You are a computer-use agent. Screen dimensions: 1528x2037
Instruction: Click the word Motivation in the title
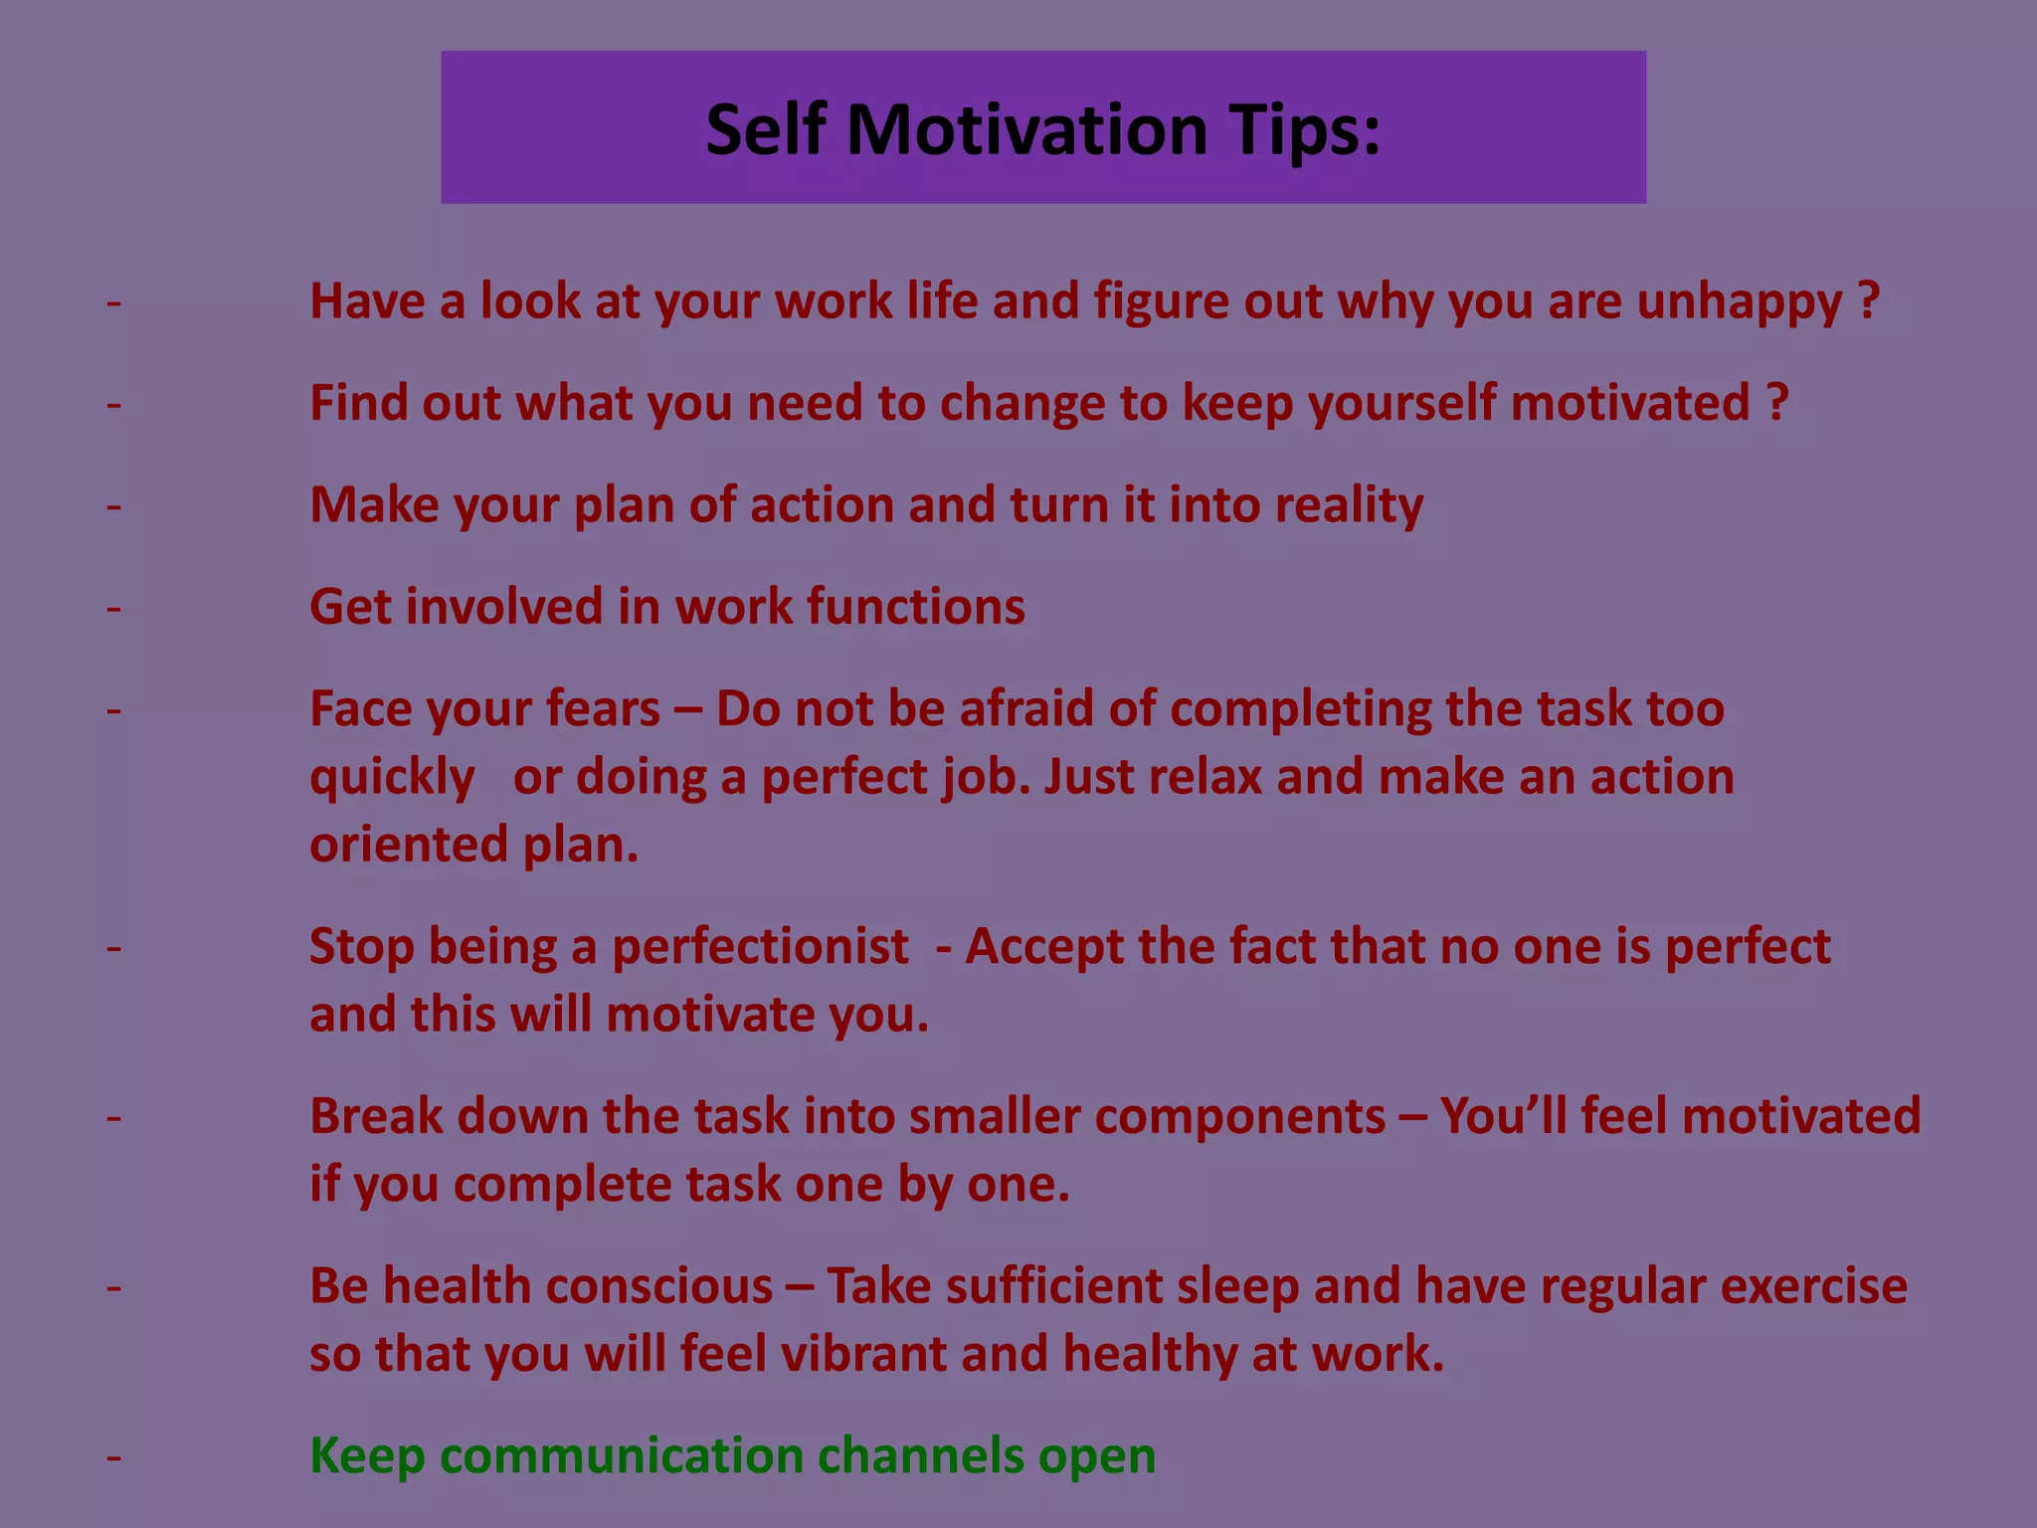(1026, 130)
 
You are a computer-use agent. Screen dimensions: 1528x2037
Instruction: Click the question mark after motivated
(1777, 403)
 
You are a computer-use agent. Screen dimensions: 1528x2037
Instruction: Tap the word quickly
(392, 778)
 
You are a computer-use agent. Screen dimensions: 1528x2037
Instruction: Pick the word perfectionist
(760, 946)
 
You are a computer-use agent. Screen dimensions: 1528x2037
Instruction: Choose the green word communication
(622, 1456)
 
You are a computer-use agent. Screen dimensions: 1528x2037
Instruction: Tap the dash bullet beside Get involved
(114, 608)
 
